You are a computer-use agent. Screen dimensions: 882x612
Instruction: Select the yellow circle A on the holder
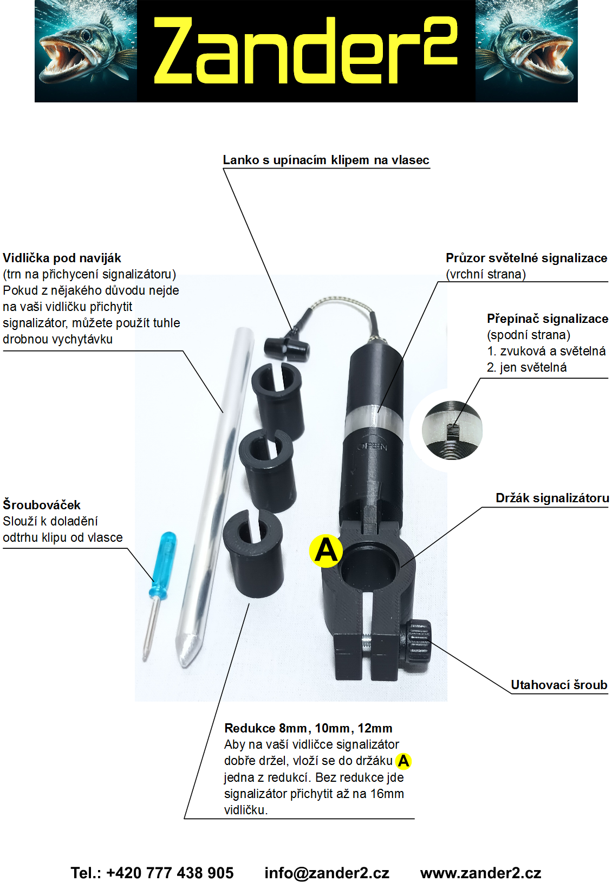[x=326, y=551]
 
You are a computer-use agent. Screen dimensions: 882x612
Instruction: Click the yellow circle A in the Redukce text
[x=403, y=761]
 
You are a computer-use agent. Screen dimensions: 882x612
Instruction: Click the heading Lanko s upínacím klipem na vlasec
[x=326, y=160]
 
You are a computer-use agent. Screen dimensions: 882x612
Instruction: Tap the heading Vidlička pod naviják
[x=62, y=258]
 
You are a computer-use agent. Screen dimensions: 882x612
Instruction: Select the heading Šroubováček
[x=42, y=505]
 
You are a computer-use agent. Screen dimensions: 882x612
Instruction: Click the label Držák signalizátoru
[x=552, y=498]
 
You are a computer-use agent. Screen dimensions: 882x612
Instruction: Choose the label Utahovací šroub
[x=559, y=685]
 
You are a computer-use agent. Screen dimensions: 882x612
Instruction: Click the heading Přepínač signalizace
[x=547, y=319]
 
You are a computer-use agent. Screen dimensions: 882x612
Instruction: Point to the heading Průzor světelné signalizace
[x=526, y=258]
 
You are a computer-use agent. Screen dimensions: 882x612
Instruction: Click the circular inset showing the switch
[x=452, y=430]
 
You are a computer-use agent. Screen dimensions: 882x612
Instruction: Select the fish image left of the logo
[x=86, y=51]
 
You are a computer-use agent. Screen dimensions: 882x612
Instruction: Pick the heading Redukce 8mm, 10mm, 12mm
[x=308, y=728]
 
